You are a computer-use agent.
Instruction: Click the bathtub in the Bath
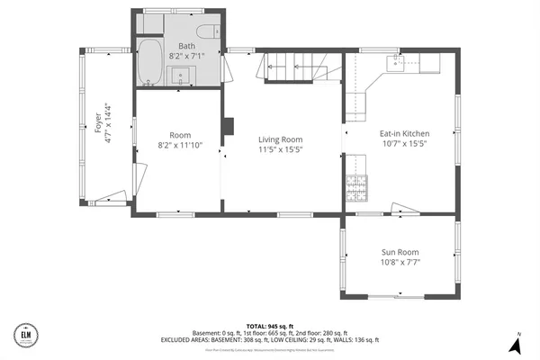149,62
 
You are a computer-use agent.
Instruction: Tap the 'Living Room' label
280,139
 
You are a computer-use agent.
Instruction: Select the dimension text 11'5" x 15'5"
280,151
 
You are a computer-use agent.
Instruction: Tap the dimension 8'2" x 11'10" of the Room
180,144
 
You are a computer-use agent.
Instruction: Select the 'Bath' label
186,45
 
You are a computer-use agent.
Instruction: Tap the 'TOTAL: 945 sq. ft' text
271,325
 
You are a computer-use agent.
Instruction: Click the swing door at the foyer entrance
112,196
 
